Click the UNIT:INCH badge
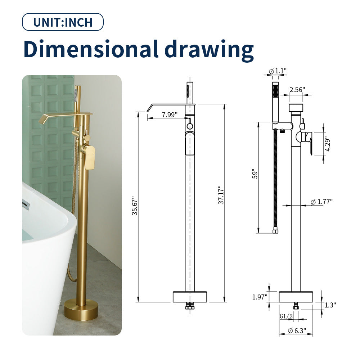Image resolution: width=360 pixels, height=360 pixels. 63,22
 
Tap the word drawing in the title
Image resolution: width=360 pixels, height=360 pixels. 209,50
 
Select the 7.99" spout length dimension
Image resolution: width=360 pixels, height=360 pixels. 170,114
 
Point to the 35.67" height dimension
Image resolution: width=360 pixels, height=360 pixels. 135,205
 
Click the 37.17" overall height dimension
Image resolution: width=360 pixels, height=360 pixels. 221,195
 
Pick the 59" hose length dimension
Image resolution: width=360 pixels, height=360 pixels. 255,174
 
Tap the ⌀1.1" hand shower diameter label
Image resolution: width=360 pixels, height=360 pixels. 278,71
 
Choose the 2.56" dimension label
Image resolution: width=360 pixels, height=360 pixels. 297,90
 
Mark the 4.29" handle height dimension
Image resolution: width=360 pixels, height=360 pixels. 327,145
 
